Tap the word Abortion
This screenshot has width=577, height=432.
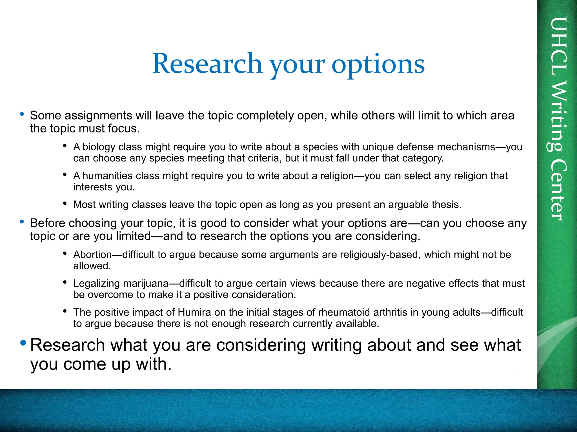coord(92,255)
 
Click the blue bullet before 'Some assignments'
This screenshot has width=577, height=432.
coord(22,114)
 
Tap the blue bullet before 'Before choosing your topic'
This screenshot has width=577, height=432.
coord(22,222)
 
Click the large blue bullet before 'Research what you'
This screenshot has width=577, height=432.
coord(23,343)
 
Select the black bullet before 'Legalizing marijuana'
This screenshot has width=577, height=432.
coord(65,282)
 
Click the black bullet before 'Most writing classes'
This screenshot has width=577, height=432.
coord(65,203)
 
